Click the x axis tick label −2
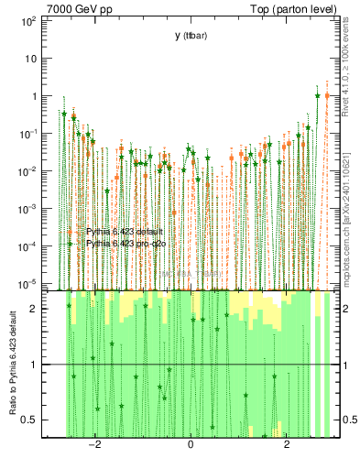93,446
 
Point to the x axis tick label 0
191,446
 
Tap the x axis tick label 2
287,446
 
